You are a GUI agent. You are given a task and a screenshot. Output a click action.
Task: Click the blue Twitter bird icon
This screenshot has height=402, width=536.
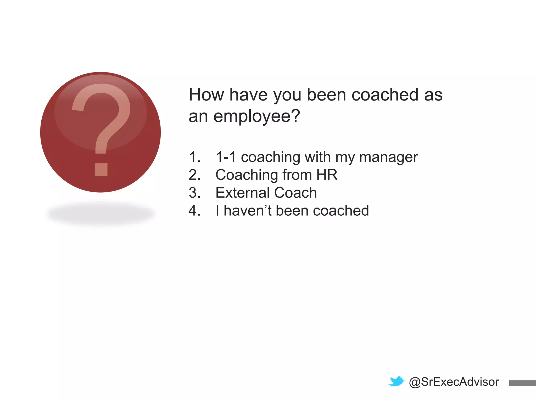pyautogui.click(x=396, y=382)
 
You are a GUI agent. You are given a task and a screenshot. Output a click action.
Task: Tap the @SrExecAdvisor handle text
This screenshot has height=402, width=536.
pyautogui.click(x=454, y=382)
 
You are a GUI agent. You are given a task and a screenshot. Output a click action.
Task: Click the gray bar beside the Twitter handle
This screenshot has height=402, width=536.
pyautogui.click(x=522, y=383)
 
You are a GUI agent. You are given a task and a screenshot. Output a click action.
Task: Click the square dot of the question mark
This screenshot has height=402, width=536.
pyautogui.click(x=101, y=169)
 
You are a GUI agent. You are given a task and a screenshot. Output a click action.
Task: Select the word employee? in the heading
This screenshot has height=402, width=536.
pyautogui.click(x=256, y=116)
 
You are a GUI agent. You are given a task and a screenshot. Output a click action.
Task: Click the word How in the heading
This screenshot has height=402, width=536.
pyautogui.click(x=206, y=94)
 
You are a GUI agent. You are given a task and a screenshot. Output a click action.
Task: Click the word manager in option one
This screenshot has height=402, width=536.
pyautogui.click(x=388, y=158)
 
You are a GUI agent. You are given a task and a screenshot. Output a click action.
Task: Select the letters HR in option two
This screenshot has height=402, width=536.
pyautogui.click(x=327, y=175)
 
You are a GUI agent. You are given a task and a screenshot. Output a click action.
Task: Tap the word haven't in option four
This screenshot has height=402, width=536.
pyautogui.click(x=248, y=210)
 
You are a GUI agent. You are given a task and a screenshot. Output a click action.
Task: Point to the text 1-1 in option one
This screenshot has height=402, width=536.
pyautogui.click(x=226, y=157)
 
